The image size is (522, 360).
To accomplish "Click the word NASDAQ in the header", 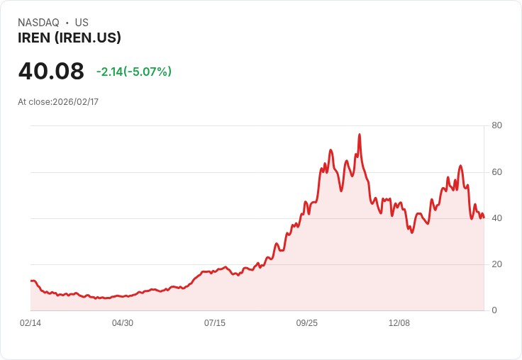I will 38,23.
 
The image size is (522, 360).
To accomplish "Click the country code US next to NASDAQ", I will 82,23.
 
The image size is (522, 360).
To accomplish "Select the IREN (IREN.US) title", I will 70,38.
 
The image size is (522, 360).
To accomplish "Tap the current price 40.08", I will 51,72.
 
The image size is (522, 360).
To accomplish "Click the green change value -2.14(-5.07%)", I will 134,72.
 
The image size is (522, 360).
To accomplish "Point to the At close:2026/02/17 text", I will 58,102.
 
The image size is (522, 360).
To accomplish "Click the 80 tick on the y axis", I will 497,125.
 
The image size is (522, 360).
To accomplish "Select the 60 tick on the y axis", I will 497,171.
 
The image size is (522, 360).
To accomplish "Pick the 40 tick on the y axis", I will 497,218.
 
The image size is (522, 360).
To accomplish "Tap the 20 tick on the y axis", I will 497,264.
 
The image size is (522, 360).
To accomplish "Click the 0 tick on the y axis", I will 494,310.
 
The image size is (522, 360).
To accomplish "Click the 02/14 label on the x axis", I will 30,323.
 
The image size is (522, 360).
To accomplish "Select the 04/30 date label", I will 123,323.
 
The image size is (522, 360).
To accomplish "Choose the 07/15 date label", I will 215,323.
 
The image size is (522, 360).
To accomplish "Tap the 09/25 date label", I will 307,323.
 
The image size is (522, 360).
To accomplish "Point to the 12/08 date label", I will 399,323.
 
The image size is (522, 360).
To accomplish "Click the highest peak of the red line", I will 360,134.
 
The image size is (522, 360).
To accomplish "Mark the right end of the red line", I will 484,218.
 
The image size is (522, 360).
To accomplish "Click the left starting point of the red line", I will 30,281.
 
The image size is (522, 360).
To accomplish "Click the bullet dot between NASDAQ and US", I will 67,23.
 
